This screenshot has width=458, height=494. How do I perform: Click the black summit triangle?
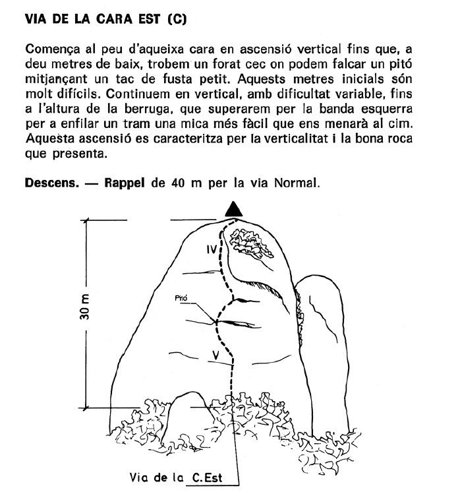click(233, 209)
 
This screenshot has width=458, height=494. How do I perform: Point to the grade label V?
click(215, 355)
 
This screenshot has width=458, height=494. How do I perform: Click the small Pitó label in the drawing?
click(182, 298)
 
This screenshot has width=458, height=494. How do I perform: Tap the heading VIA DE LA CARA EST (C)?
click(105, 19)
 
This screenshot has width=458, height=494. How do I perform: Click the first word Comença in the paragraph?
click(51, 49)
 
